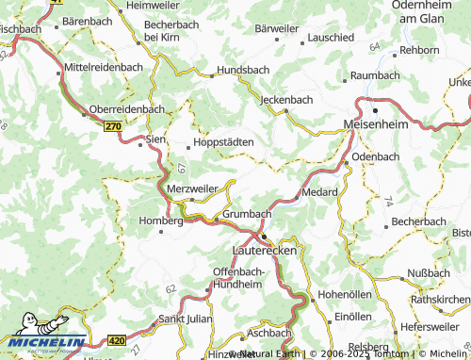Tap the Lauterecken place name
tap(264, 254)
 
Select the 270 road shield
tap(114, 124)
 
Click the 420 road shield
tap(116, 339)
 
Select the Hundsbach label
tap(243, 70)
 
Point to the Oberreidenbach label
tap(126, 108)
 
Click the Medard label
tap(319, 191)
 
